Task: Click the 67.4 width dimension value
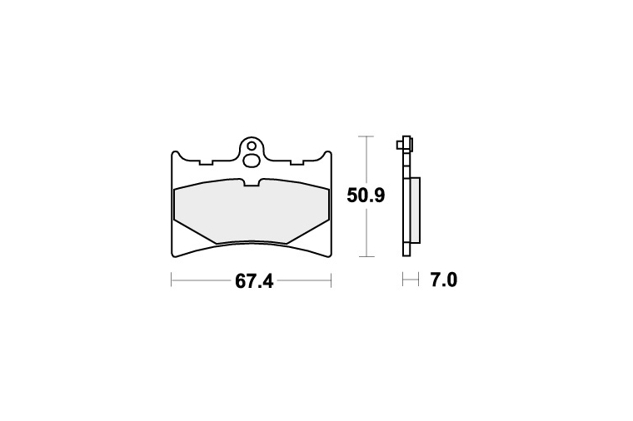pos(254,281)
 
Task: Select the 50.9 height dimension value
pos(366,196)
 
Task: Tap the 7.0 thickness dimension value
pos(444,280)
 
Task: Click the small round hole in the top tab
pos(252,146)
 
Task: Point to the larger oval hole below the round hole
pos(252,161)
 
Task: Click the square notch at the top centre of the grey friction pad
pos(252,182)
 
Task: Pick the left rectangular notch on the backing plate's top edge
pos(206,162)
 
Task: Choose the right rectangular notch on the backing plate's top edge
pos(297,162)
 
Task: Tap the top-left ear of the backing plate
pos(175,155)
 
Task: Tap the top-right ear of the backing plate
pos(327,155)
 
